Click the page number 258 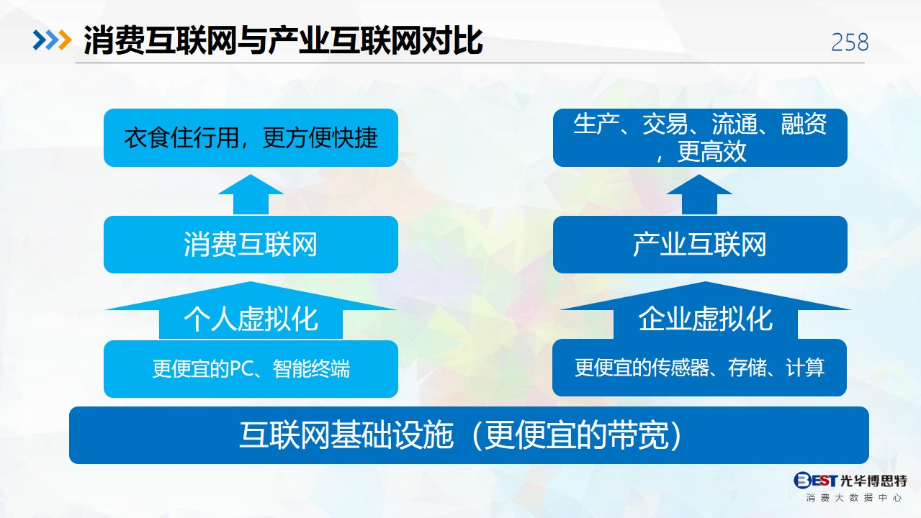click(x=850, y=42)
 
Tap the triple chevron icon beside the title click(x=52, y=40)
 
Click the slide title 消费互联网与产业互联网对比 click(x=283, y=40)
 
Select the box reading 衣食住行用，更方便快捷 click(x=251, y=137)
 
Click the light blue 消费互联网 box click(x=251, y=245)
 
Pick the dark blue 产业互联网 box click(x=700, y=245)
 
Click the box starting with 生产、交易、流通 click(x=700, y=137)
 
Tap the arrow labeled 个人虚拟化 click(x=251, y=311)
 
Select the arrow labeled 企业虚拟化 click(x=706, y=311)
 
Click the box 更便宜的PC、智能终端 click(x=251, y=368)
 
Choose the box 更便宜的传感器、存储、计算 click(x=699, y=367)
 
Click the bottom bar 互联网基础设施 click(x=469, y=435)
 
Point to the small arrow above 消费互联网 click(x=251, y=194)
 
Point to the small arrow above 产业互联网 click(x=699, y=194)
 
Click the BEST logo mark click(x=815, y=480)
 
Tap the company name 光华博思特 click(x=873, y=480)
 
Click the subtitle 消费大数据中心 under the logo click(x=854, y=498)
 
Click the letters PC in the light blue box click(x=242, y=368)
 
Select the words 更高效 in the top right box click(x=711, y=151)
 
